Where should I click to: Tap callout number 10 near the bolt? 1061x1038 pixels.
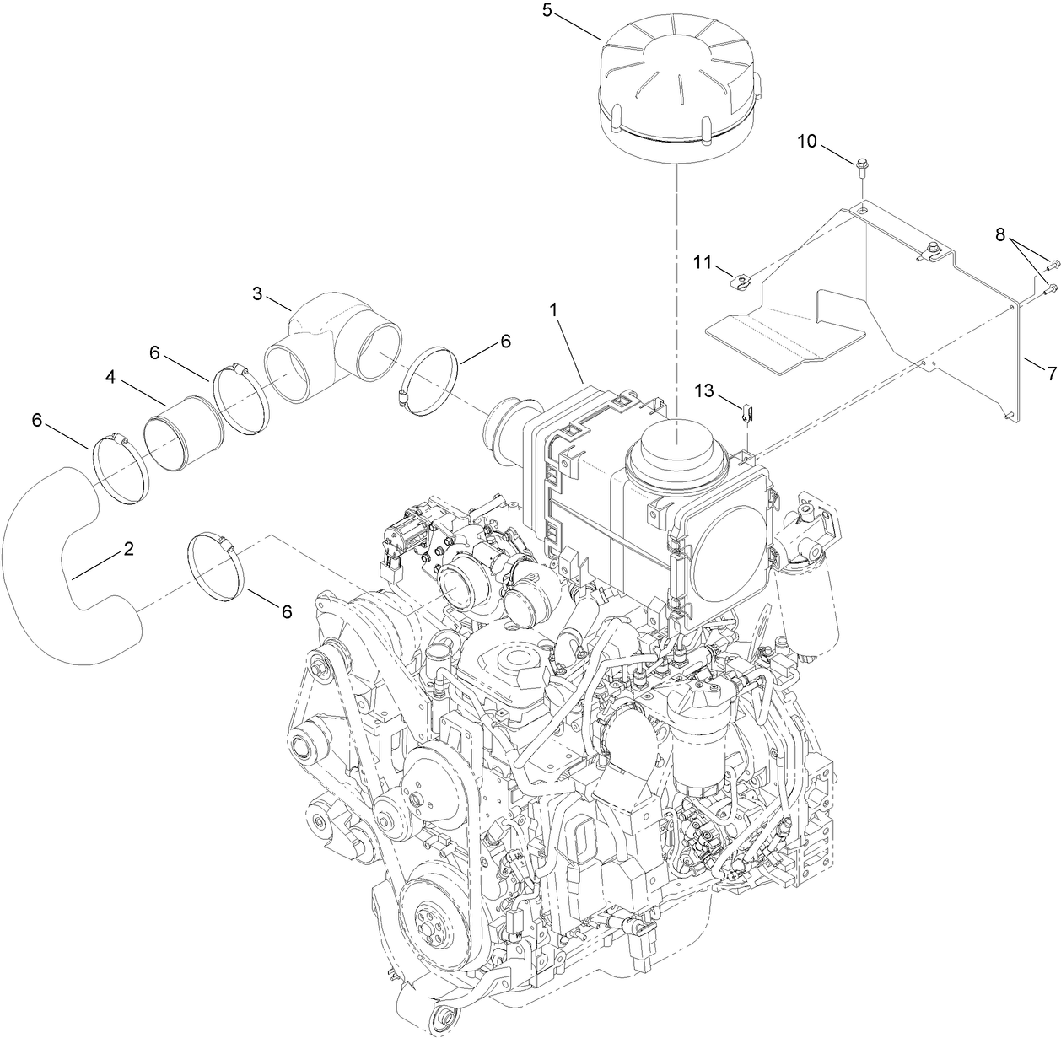tap(807, 141)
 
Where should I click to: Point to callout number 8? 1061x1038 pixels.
tap(1000, 235)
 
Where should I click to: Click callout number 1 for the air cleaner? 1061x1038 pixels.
tap(554, 310)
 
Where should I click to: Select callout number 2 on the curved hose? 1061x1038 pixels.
tap(128, 549)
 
